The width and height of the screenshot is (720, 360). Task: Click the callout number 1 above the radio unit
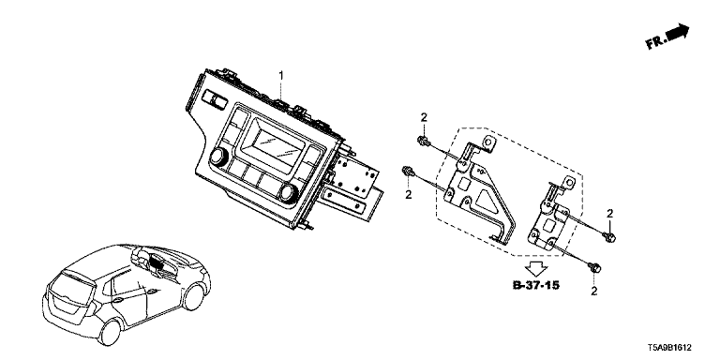281,75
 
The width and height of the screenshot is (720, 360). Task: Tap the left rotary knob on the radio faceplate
218,157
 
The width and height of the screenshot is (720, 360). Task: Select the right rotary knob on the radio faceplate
289,193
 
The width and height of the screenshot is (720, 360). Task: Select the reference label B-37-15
536,285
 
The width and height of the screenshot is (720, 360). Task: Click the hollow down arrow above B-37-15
536,268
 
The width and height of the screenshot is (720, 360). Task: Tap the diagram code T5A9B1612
669,348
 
